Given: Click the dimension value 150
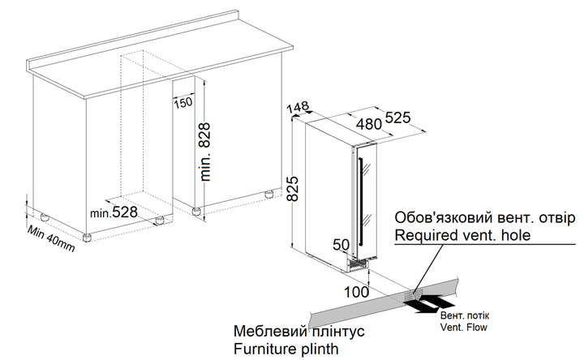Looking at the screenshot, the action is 183,102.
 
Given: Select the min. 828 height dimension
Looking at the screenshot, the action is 205,152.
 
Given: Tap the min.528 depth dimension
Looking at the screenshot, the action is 114,212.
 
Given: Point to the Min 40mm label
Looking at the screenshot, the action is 51,238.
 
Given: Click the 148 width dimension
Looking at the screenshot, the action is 298,107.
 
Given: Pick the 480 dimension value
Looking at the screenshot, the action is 369,124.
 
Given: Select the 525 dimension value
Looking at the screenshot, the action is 397,118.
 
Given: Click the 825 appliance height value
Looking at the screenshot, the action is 294,188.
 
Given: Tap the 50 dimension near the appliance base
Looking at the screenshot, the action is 341,245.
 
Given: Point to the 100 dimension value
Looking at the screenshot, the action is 356,292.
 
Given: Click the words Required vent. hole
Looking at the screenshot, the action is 462,235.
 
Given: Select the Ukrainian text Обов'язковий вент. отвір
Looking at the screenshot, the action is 485,217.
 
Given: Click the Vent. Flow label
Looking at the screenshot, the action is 464,328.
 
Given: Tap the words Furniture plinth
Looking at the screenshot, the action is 286,349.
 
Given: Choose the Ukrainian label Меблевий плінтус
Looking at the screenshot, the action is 299,331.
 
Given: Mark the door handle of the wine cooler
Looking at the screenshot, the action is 360,201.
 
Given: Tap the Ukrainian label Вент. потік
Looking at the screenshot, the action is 465,315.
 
